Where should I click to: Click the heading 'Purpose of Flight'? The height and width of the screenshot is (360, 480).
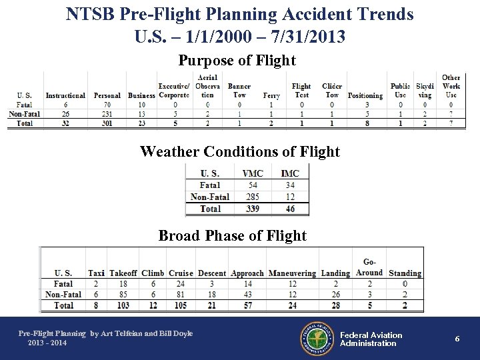(x=237, y=61)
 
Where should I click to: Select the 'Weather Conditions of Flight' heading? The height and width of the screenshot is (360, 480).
(x=240, y=152)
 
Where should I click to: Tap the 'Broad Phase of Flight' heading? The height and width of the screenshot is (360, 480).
(x=232, y=235)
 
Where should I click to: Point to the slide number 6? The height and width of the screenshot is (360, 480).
(x=457, y=339)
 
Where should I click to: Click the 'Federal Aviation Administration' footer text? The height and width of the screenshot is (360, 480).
(x=371, y=339)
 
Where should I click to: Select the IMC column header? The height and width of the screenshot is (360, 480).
(x=290, y=173)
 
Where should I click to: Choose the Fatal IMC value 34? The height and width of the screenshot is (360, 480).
(x=290, y=185)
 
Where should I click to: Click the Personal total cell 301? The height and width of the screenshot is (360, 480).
(x=107, y=123)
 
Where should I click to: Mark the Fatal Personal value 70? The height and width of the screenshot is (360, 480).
(x=107, y=105)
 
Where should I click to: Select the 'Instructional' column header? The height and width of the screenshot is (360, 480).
(x=65, y=95)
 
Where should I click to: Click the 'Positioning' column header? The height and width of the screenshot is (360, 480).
(x=365, y=95)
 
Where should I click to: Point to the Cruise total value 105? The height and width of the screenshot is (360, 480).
(x=181, y=305)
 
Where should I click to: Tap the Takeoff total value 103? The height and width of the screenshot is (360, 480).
(x=123, y=305)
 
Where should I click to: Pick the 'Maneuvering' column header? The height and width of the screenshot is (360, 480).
(x=292, y=273)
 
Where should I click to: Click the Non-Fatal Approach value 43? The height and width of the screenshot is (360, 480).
(x=247, y=294)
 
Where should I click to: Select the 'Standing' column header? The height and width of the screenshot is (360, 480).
(x=405, y=273)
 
